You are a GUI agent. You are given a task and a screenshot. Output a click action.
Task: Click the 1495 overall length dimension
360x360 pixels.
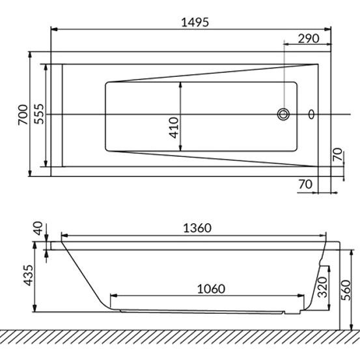click(x=195, y=23)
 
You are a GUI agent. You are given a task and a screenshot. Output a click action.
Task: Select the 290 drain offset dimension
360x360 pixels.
click(x=309, y=38)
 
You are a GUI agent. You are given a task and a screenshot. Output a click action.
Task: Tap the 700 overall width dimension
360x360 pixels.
click(x=23, y=115)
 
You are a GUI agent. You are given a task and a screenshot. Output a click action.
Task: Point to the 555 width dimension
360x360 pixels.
click(x=39, y=114)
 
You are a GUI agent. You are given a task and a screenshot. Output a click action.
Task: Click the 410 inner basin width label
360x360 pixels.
click(x=174, y=128)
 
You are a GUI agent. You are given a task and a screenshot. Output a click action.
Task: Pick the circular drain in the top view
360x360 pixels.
click(x=283, y=114)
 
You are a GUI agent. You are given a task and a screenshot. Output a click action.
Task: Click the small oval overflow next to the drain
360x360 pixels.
click(x=311, y=115)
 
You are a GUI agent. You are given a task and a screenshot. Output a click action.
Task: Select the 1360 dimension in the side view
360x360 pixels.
click(x=197, y=228)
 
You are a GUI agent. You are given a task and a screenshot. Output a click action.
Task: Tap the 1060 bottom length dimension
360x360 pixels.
click(x=211, y=289)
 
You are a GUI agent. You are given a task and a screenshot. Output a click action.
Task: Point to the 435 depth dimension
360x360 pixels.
click(x=29, y=275)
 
